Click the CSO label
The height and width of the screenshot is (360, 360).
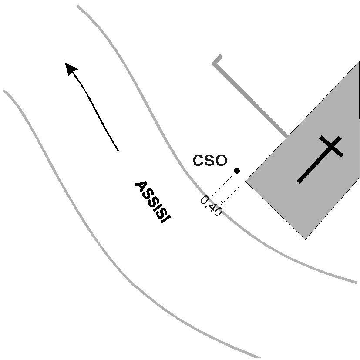210,161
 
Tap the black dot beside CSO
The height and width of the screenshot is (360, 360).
237,171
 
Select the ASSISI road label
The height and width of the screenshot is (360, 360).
151,202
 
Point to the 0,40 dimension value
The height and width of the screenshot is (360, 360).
211,206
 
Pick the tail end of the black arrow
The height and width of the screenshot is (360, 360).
118,151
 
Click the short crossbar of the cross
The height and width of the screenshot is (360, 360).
331,146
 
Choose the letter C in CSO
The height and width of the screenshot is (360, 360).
198,161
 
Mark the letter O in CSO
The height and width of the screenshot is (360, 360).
221,161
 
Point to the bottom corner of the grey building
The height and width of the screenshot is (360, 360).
305,239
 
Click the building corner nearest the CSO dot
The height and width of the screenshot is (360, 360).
246,181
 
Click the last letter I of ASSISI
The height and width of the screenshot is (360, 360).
163,219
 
